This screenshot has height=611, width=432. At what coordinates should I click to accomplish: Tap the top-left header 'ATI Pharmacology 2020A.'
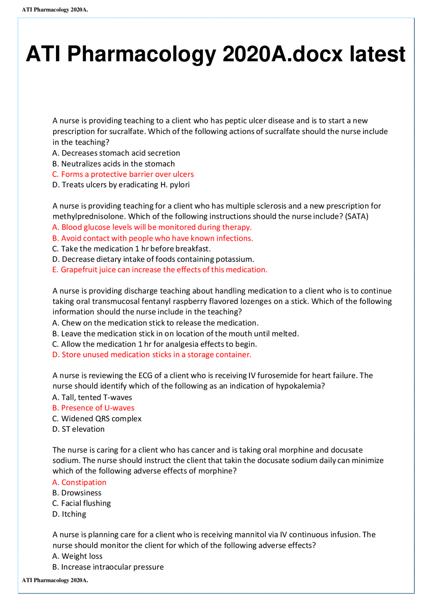point(55,10)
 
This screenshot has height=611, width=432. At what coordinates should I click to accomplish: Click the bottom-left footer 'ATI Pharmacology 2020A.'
point(55,580)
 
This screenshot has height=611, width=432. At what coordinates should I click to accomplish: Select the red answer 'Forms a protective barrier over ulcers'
point(123,174)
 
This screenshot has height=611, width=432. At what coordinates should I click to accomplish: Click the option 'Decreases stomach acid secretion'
point(116,153)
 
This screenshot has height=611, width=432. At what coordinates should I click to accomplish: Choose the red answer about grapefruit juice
point(160,270)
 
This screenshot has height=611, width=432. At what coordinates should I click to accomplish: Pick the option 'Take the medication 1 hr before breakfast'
point(132,249)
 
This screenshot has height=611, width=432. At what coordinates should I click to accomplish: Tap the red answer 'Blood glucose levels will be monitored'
point(152,227)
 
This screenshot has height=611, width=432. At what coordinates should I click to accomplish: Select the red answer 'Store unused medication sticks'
point(152,355)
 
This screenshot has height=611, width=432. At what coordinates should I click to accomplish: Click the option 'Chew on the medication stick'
point(156,323)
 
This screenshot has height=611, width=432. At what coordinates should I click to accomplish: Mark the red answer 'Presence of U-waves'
point(93,408)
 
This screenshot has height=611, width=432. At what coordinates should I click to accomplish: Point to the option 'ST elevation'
point(79,429)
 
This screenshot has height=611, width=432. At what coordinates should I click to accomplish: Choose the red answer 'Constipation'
point(79,482)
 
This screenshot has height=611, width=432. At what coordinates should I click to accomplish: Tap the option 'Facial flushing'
point(82,503)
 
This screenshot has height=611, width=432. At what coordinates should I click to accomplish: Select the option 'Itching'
point(70,514)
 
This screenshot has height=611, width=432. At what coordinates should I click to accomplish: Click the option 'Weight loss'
point(78,556)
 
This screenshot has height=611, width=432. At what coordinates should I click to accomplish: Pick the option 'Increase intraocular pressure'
point(108,567)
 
